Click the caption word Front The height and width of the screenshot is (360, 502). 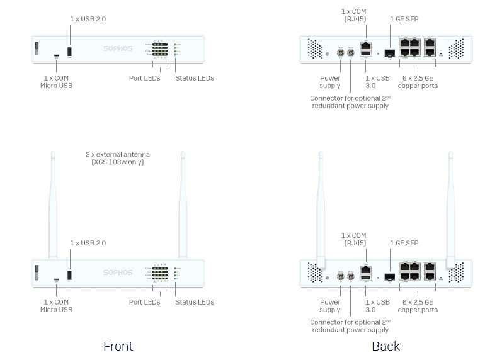coord(118,346)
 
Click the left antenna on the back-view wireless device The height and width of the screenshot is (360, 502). coord(321,208)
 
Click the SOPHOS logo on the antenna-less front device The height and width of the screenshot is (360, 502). coord(118,48)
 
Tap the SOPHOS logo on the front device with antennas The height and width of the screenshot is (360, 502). coord(118,273)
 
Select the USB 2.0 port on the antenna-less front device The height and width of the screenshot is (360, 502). coord(69,50)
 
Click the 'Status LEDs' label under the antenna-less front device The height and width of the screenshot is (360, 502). coord(195,78)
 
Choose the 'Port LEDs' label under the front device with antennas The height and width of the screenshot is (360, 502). coord(144,302)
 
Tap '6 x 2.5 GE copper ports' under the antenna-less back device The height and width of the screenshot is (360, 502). coord(418,82)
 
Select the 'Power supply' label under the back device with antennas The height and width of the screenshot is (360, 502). coord(329,306)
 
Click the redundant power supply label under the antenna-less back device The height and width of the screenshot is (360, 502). coord(350,102)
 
